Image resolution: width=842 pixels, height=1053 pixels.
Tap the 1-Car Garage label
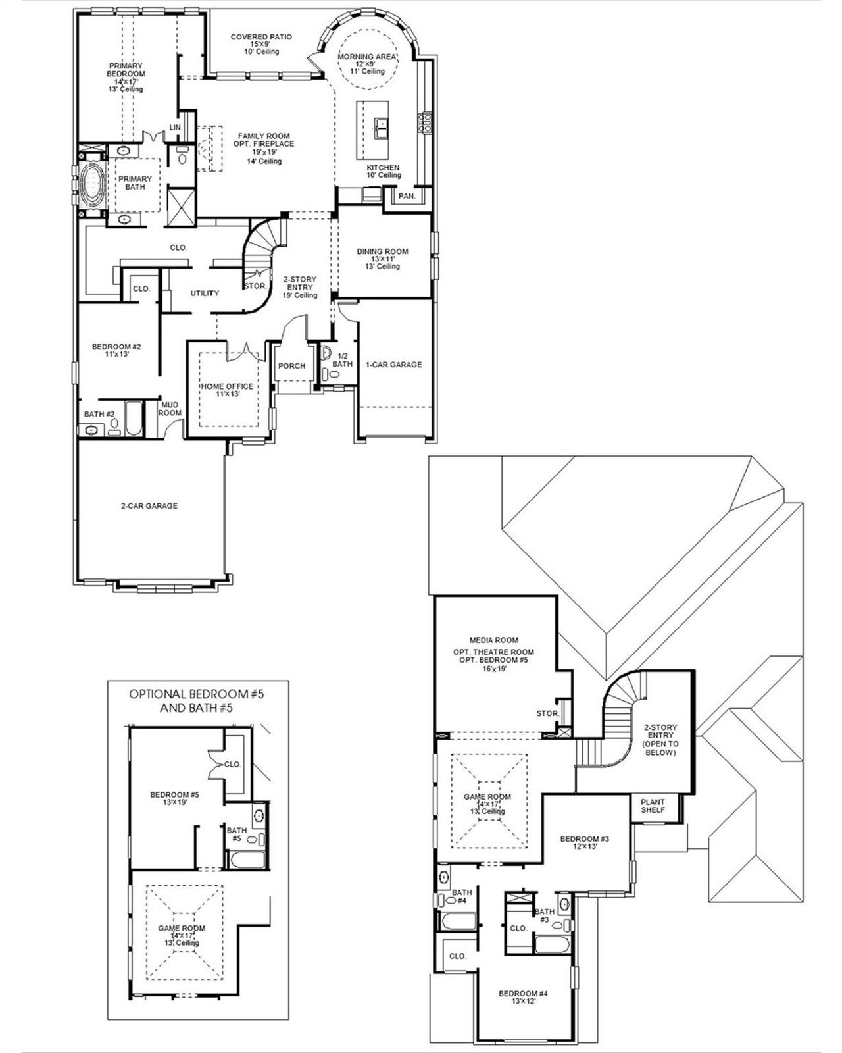[x=394, y=365]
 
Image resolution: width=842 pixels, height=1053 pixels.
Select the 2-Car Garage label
[x=149, y=506]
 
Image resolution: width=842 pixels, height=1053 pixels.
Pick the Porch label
[x=291, y=366]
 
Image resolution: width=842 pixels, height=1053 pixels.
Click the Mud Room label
[x=170, y=409]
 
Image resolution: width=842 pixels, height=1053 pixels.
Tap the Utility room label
[x=205, y=293]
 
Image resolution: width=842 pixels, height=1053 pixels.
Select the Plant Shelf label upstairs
[x=653, y=806]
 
